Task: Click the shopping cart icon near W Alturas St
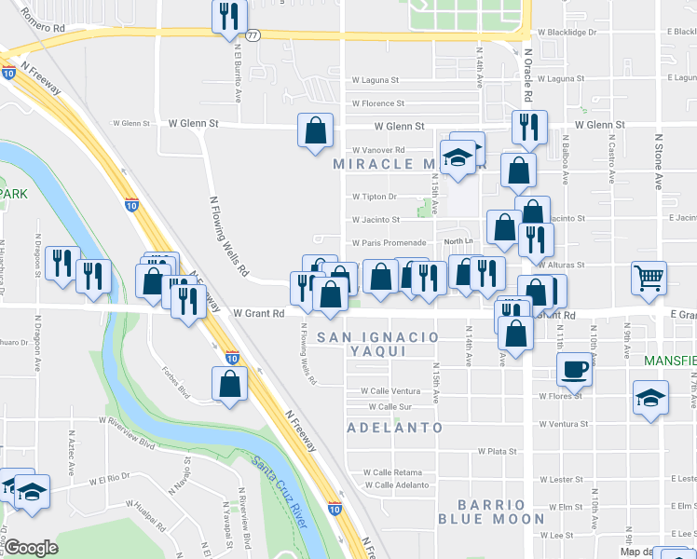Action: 649,277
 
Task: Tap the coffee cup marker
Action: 574,369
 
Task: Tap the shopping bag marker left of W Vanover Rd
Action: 316,130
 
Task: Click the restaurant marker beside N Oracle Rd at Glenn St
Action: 529,128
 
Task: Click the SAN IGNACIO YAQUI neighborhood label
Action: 377,343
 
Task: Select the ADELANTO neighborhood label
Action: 394,428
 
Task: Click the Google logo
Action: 31,548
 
